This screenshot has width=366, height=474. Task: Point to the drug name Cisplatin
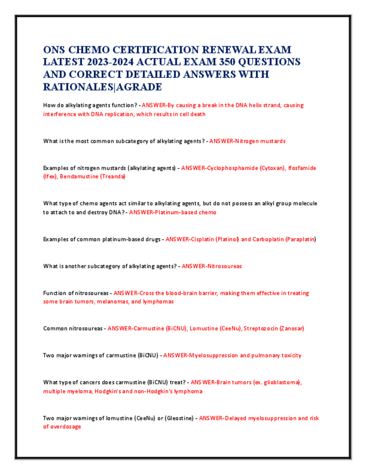pos(200,239)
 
